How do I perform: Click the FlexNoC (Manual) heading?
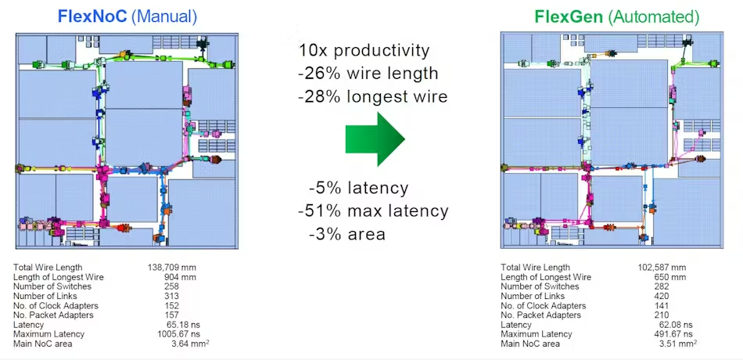[127, 16]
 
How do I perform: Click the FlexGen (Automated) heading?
[616, 16]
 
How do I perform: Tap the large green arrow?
[375, 139]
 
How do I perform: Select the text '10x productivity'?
[364, 50]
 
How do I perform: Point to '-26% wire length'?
[368, 74]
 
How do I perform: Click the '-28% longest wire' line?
[373, 96]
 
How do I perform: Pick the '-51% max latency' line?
[373, 211]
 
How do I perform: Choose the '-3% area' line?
[346, 234]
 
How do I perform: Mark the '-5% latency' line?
[358, 189]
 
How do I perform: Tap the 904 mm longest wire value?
[179, 277]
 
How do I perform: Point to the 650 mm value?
[669, 277]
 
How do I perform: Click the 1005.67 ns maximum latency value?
[176, 334]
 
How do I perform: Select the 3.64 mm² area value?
[189, 344]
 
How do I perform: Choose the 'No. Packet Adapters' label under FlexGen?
[540, 315]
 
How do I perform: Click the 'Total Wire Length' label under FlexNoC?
[48, 268]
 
